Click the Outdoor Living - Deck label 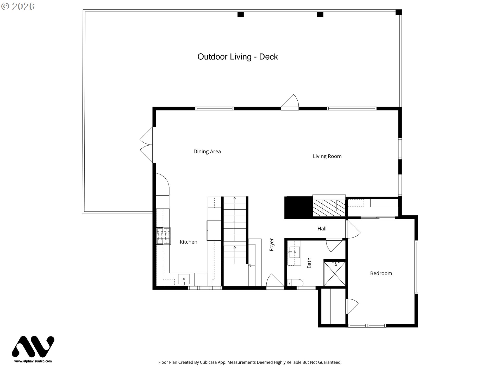tap(238, 57)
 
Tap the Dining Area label tap(207, 152)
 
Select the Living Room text tap(327, 156)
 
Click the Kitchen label tap(189, 242)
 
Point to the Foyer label tap(272, 245)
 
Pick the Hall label tap(322, 229)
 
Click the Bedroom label tap(381, 273)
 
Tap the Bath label tap(309, 263)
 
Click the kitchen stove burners tap(163, 236)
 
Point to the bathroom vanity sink tap(294, 252)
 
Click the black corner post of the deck tap(398, 12)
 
